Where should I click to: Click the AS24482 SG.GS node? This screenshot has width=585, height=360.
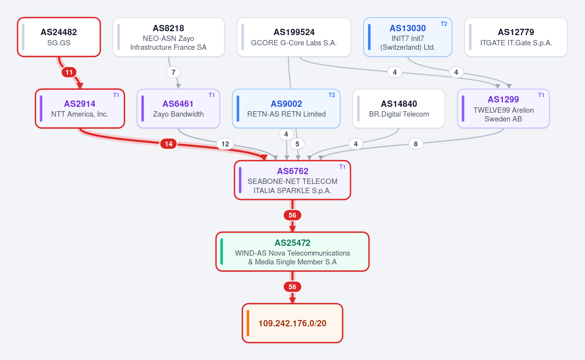(59, 37)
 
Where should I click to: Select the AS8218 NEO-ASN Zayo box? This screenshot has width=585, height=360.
(169, 37)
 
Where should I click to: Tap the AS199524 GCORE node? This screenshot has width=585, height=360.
(294, 37)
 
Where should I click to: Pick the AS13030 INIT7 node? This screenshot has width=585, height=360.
(408, 37)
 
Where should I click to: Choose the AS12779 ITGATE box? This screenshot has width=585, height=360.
(516, 37)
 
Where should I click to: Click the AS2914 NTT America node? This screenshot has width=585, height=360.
(80, 109)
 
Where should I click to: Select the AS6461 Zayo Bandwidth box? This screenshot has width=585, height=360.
(178, 109)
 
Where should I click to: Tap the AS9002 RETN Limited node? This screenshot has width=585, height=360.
(286, 109)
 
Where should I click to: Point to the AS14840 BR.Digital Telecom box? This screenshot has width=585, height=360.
(399, 109)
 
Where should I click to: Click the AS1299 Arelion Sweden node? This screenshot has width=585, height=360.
(504, 109)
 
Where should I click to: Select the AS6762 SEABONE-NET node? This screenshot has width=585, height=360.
(292, 180)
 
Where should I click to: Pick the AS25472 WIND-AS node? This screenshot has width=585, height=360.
(292, 252)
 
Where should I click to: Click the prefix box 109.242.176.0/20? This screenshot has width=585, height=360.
(292, 323)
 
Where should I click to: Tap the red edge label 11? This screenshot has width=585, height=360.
(69, 72)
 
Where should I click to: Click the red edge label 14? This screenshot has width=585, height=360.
(169, 144)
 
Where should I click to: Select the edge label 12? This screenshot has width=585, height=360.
(225, 144)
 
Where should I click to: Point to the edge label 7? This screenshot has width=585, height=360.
(173, 72)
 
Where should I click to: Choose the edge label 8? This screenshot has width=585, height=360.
(415, 144)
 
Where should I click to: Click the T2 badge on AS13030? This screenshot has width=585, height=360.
(444, 24)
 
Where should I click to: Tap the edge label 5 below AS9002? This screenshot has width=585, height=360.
(297, 144)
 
